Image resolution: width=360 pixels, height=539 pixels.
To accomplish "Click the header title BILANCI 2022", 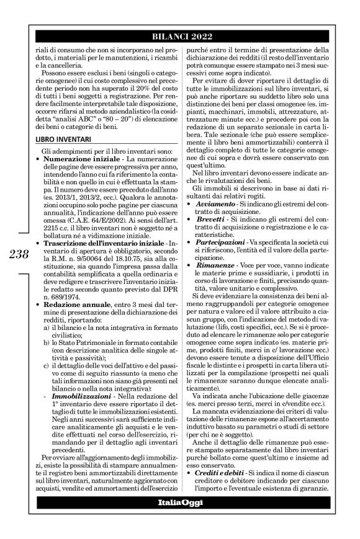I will (187, 36).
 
